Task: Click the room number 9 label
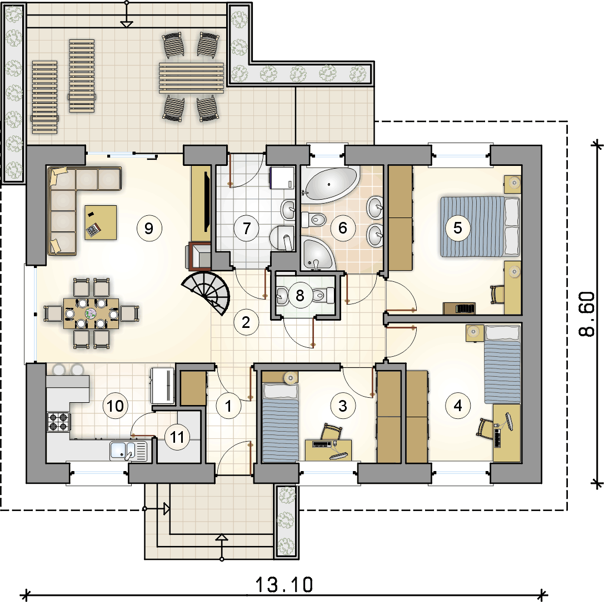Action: [149, 229]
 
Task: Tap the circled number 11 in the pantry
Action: [177, 437]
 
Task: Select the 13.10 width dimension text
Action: [284, 585]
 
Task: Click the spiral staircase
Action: [208, 291]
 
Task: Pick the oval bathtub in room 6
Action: [330, 185]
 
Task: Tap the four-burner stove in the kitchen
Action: [58, 422]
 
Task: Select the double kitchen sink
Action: [129, 451]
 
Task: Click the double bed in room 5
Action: [480, 226]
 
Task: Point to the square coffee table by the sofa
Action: [101, 222]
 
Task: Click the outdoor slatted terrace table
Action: [192, 78]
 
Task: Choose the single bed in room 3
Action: [281, 422]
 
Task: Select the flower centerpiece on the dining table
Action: [91, 313]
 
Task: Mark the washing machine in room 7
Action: [282, 178]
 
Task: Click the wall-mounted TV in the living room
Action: [207, 202]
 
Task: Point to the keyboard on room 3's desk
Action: [322, 444]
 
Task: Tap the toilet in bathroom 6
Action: [313, 220]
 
